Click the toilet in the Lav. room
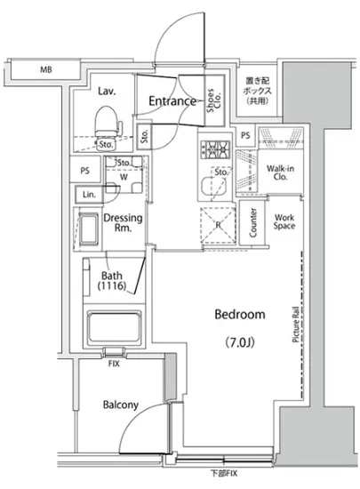click(x=108, y=124)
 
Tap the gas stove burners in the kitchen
click(x=215, y=148)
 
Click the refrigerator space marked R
click(x=218, y=225)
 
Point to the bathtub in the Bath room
click(x=114, y=327)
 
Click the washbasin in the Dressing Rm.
click(x=88, y=229)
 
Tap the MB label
click(x=46, y=69)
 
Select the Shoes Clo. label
click(x=214, y=100)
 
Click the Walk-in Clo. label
click(x=280, y=172)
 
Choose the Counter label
click(x=252, y=222)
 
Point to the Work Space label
click(x=284, y=221)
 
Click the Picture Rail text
click(x=295, y=325)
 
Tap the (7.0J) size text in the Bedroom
click(x=240, y=342)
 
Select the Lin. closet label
click(x=89, y=195)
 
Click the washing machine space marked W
click(x=124, y=177)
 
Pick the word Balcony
click(x=121, y=405)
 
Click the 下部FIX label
click(x=224, y=473)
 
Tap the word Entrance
click(x=172, y=100)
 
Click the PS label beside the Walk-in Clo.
click(x=245, y=135)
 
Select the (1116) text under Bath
click(x=112, y=285)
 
